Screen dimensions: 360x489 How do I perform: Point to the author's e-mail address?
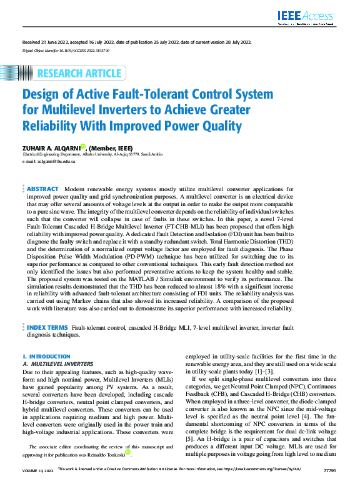pos(49,161)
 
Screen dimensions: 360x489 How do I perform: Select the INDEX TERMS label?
pos(47,327)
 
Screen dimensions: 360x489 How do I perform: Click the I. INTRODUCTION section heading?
pos(46,356)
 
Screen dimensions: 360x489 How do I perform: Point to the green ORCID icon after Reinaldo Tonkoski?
pos(128,453)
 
